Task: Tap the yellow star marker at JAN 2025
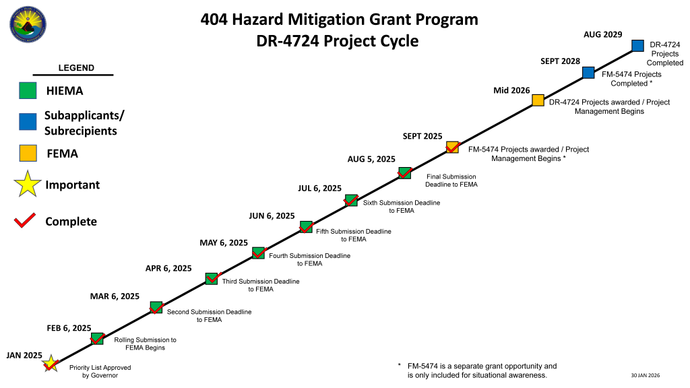(x=50, y=364)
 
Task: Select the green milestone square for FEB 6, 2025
(x=97, y=339)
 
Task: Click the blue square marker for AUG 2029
(x=638, y=45)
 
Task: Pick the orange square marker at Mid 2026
(x=538, y=100)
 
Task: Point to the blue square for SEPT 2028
(x=588, y=73)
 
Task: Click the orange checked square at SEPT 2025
(x=452, y=148)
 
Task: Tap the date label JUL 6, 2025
(x=319, y=189)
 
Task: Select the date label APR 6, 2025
(x=168, y=268)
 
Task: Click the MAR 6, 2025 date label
(x=115, y=296)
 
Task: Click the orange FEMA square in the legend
(x=28, y=154)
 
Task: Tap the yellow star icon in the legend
(x=28, y=185)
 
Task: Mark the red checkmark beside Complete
(x=25, y=221)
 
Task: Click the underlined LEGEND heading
(x=76, y=68)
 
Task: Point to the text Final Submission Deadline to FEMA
(x=451, y=181)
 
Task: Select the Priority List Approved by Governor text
(x=100, y=372)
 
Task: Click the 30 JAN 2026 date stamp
(x=645, y=375)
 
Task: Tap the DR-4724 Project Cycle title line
(x=338, y=41)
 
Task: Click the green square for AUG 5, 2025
(x=404, y=173)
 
